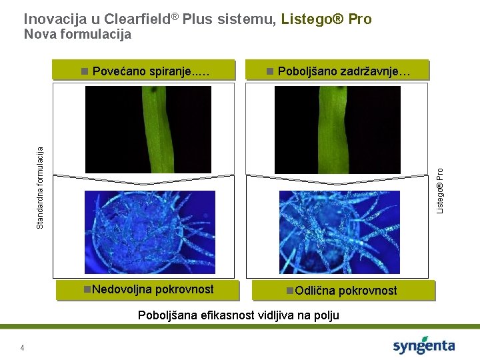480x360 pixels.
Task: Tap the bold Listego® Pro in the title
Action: pos(326,19)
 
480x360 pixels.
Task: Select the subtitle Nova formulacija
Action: pos(77,34)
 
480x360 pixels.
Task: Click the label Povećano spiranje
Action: pos(151,71)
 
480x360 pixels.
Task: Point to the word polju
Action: pos(325,316)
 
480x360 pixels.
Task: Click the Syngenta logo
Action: pos(424,345)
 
